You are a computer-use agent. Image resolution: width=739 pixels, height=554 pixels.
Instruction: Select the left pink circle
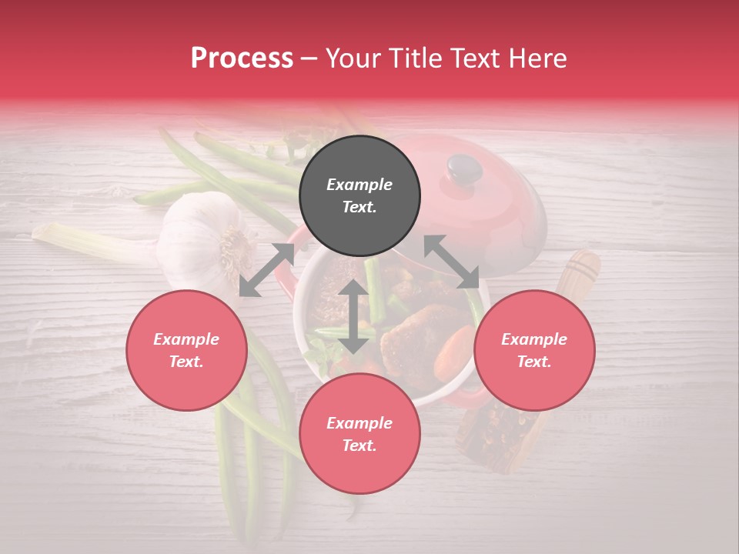pyautogui.click(x=186, y=350)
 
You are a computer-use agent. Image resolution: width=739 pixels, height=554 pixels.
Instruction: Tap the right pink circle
pyautogui.click(x=534, y=350)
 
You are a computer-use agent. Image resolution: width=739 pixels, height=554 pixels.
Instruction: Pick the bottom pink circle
pyautogui.click(x=359, y=434)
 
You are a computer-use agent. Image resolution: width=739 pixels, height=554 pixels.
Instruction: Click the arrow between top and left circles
pyautogui.click(x=267, y=269)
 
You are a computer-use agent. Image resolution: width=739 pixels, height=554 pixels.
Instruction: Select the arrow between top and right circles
pyautogui.click(x=451, y=262)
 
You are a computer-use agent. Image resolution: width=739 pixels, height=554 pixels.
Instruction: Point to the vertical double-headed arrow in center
pyautogui.click(x=353, y=316)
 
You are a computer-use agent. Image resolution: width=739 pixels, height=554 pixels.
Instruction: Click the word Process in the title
pyautogui.click(x=242, y=58)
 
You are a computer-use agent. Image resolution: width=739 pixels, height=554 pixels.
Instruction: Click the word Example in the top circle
pyautogui.click(x=359, y=185)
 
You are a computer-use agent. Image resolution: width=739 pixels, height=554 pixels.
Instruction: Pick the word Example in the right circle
pyautogui.click(x=534, y=339)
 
